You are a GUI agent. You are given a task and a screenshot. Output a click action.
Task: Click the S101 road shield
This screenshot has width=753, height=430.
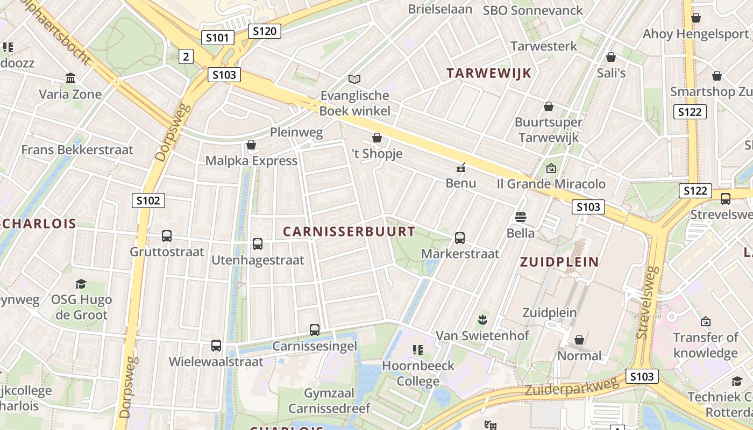pos(218,38)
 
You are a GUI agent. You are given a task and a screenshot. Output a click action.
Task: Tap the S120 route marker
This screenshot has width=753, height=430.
pos(264,31)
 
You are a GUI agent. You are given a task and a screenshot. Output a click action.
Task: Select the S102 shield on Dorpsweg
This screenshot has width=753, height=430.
pos(148,201)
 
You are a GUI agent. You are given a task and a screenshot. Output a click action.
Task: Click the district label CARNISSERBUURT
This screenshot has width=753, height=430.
pos(349,232)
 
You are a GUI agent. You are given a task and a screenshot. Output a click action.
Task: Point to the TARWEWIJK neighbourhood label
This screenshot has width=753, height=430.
pos(489,74)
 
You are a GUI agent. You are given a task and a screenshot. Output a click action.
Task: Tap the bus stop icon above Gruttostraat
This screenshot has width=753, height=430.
pos(167,236)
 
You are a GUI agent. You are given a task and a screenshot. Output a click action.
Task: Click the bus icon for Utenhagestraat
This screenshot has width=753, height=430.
pos(258,244)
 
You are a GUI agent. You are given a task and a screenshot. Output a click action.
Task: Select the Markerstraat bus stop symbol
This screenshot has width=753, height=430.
pos(460,238)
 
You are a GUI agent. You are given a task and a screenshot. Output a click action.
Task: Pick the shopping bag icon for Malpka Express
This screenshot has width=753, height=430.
pos(251,145)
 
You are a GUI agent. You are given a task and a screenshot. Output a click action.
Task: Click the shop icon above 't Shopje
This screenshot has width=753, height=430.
pos(377,138)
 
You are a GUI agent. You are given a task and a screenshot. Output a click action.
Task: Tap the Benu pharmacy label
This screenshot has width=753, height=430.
pos(461,183)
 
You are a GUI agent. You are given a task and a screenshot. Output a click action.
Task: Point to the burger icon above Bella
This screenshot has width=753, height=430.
pos(520,217)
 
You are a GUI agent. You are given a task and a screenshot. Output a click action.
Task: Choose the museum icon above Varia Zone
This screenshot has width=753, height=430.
pos(70,78)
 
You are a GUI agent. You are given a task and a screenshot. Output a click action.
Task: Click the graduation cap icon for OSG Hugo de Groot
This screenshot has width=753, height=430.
pos(81,284)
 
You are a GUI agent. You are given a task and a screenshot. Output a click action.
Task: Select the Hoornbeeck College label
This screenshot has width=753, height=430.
pos(418,374)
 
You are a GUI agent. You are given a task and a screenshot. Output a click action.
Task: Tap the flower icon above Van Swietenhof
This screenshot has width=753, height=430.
pos(482,320)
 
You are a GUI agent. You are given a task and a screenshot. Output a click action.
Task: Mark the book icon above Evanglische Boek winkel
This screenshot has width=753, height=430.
pos(354,80)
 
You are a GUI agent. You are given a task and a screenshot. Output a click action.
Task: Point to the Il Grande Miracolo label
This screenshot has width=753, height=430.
pos(551,184)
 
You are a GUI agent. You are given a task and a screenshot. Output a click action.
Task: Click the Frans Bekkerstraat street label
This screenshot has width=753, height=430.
pos(77,149)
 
